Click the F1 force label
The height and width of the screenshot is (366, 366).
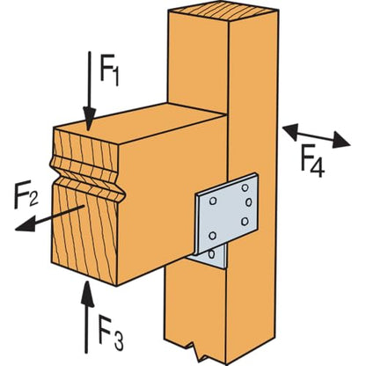pos(109,70)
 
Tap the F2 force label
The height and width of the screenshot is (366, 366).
pos(26,194)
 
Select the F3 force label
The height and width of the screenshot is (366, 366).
pos(111,333)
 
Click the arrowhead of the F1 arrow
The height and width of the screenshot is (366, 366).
pos(89,119)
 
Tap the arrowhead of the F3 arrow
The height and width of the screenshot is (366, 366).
pos(86,293)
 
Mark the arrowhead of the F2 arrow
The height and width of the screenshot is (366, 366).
pos(25,224)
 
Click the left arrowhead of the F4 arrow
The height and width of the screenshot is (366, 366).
pos(290,130)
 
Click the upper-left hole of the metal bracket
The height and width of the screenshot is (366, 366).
pos(213,201)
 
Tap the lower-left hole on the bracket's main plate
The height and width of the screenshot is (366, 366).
pos(213,235)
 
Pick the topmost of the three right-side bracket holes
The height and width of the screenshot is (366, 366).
pos(245,187)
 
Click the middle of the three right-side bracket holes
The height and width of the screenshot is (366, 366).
pos(248,202)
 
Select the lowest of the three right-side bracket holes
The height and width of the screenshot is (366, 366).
pos(245,222)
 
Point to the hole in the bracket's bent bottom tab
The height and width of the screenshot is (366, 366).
pos(211,254)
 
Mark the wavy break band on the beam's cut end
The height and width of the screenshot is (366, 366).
pos(87,178)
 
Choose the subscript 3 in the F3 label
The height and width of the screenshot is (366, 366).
pos(119,340)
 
